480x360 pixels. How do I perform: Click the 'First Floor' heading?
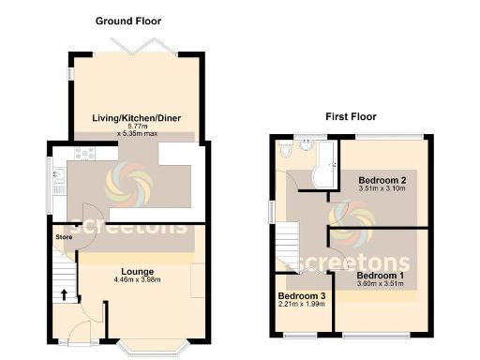351,117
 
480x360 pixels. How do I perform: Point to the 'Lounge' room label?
136,272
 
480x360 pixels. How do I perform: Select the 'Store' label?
63,236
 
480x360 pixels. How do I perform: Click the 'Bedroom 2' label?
382,179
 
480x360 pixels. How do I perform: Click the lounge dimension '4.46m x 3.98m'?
137,280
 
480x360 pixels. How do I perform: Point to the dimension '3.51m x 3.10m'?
382,188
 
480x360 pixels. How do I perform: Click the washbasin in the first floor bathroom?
284,148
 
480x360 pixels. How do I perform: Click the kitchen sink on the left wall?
58,176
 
